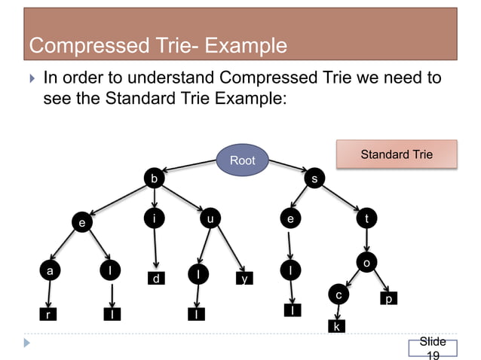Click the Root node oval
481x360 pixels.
[x=243, y=160]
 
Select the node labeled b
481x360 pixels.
[x=154, y=178]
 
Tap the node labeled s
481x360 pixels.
[x=314, y=178]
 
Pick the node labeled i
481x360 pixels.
[x=154, y=219]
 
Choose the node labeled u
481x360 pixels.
[x=210, y=219]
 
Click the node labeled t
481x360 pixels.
[x=366, y=219]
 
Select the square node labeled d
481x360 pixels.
[x=155, y=279]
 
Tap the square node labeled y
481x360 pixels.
[x=244, y=279]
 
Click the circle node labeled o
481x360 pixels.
[x=366, y=263]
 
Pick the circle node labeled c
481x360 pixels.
[x=339, y=294]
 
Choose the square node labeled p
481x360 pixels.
[x=388, y=299]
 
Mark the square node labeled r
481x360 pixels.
[x=49, y=315]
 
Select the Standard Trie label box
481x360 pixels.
[x=397, y=154]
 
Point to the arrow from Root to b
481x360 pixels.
[x=188, y=166]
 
